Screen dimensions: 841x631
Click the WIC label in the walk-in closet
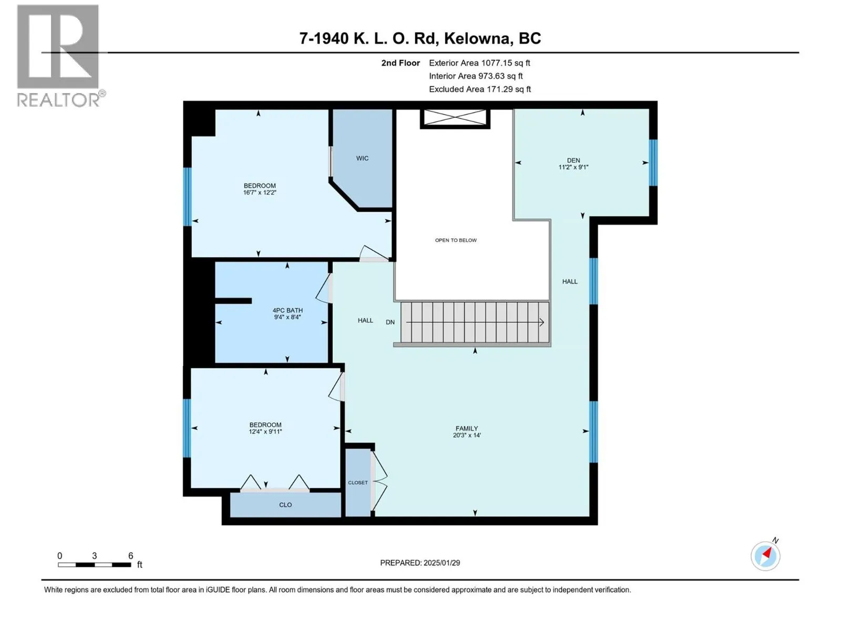coord(362,158)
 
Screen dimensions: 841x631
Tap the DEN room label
coord(573,160)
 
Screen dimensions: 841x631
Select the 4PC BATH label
coord(288,310)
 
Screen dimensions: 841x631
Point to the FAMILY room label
coord(467,429)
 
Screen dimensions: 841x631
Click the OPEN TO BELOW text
coord(456,240)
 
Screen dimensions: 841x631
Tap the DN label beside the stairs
coord(390,322)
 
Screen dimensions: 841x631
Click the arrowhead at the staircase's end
coord(542,322)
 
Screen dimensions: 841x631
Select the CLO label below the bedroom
coord(285,505)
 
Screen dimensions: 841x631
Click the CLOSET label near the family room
coord(358,483)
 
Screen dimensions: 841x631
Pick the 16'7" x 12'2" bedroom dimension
coord(260,192)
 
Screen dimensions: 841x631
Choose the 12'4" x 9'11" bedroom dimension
coord(265,431)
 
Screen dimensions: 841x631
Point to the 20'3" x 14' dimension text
coord(467,435)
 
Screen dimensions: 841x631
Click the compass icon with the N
coord(765,556)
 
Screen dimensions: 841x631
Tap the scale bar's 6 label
coord(131,555)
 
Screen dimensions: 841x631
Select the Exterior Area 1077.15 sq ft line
coord(479,63)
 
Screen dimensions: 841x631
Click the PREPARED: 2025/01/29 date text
coord(420,563)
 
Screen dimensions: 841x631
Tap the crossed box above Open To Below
coord(455,118)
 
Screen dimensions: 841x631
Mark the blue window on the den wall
coord(653,163)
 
